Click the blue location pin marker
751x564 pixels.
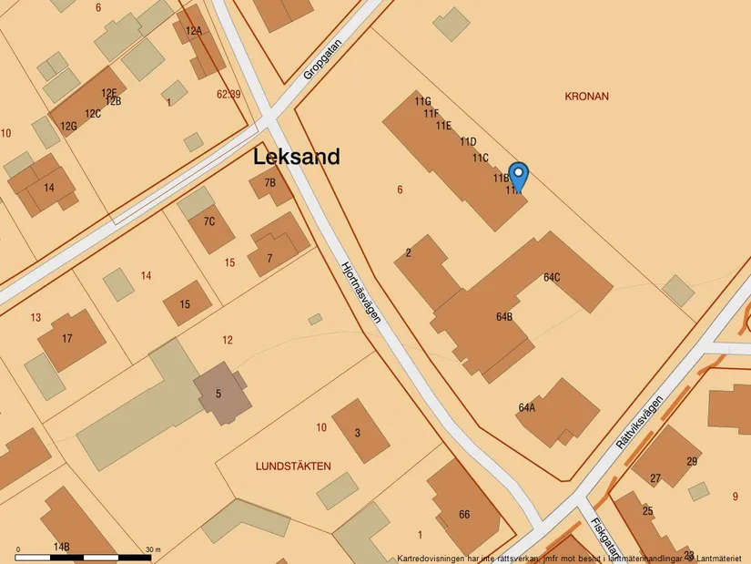point(517,175)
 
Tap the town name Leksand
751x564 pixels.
point(297,157)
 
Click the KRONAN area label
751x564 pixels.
point(586,96)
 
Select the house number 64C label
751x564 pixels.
point(552,277)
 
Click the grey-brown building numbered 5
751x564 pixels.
point(218,394)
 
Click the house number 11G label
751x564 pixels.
point(422,102)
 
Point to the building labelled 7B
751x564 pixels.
point(270,183)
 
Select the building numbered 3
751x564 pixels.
point(358,432)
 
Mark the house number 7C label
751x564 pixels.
point(209,221)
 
